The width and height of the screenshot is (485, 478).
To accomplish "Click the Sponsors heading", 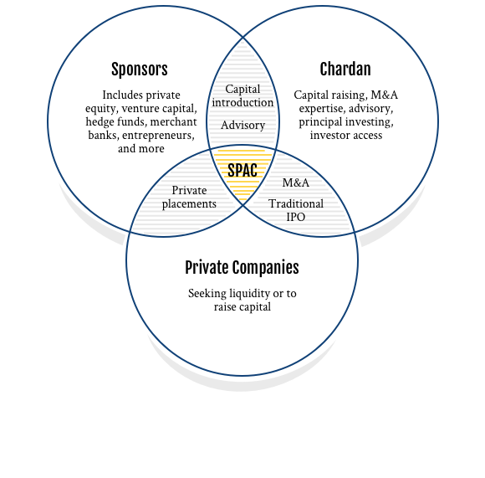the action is [140, 69].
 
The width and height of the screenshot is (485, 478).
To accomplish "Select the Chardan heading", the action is [345, 69].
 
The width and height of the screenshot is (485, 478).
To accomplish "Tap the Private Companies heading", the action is [242, 268].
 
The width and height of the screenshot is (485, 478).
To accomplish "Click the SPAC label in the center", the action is [242, 170].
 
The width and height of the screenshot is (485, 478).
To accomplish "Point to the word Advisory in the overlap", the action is [242, 125].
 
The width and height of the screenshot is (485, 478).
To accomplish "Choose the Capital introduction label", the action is [242, 95].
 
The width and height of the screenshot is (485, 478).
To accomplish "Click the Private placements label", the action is [189, 197].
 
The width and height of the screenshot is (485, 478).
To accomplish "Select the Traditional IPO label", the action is [296, 210].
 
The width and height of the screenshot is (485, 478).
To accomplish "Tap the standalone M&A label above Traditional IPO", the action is [296, 182].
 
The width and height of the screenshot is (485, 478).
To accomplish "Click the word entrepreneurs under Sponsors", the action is [158, 136].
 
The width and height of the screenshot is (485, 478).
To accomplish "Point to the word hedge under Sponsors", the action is [98, 121].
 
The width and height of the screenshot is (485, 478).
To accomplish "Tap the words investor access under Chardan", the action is [346, 136].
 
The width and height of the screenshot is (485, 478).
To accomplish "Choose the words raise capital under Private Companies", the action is [242, 306].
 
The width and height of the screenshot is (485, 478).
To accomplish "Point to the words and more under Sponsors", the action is [141, 149].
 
